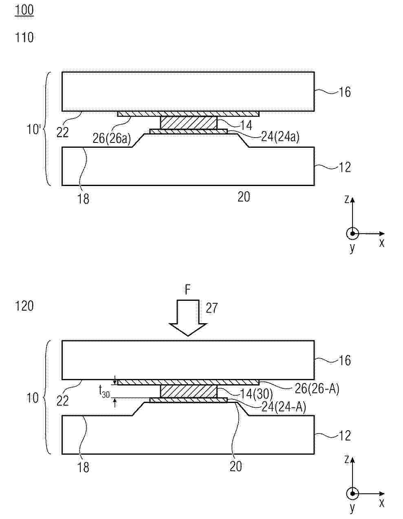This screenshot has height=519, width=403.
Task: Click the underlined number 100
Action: [24, 10]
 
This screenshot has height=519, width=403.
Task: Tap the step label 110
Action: [24, 38]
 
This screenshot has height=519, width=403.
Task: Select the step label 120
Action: [24, 306]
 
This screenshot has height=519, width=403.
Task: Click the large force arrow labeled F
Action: [188, 318]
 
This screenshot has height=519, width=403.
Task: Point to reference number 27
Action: [212, 308]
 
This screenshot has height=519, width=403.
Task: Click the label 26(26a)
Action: [112, 138]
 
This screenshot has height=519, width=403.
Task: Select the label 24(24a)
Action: [280, 137]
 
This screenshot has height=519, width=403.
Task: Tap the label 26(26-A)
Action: [317, 389]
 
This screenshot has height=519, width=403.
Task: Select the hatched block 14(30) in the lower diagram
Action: [189, 392]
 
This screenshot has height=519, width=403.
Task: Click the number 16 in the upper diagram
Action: [345, 92]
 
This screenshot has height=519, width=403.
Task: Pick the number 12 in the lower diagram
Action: [345, 436]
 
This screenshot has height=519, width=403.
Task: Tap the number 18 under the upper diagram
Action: [84, 199]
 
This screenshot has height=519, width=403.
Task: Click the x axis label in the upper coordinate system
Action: [381, 243]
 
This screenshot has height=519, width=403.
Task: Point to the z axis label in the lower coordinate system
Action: [347, 459]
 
